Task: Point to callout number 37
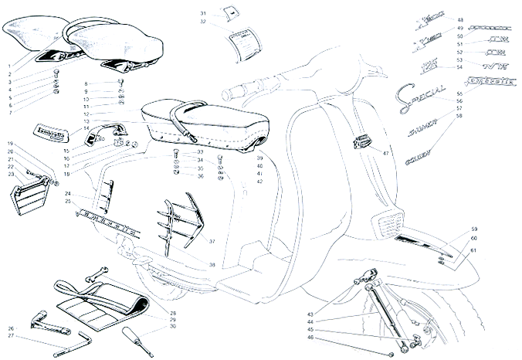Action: [x=212, y=242]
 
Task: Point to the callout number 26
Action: [x=12, y=328]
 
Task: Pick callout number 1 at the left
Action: [x=10, y=67]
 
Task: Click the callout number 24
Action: [x=68, y=193]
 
